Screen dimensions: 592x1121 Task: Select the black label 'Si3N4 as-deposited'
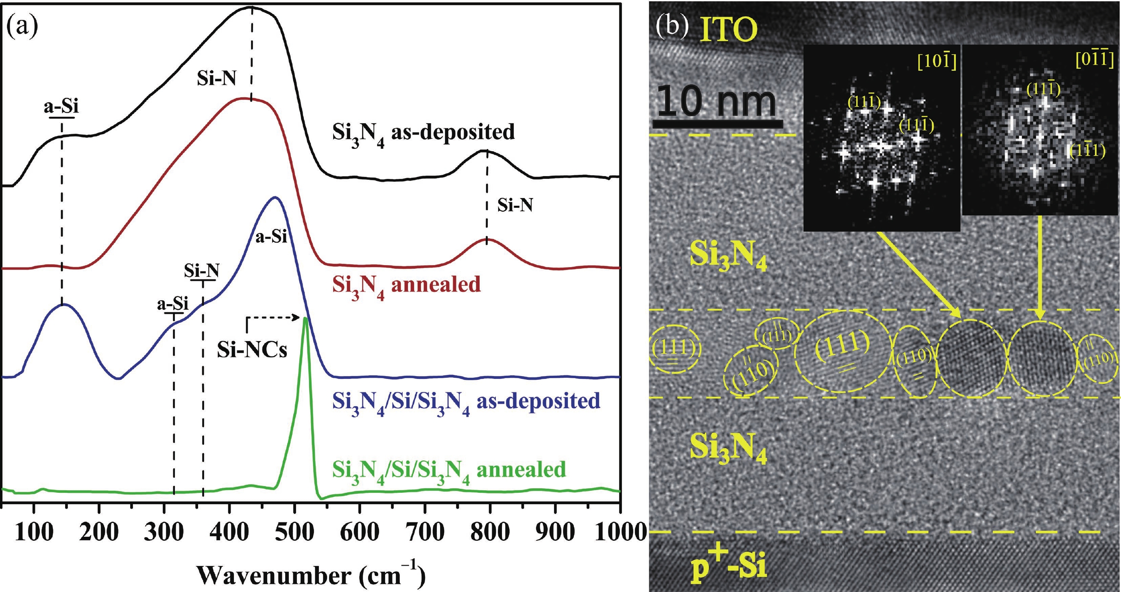[423, 133]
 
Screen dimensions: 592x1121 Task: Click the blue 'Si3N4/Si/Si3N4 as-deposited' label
[466, 401]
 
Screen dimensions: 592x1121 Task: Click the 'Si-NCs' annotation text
[253, 350]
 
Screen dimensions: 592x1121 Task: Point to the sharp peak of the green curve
[305, 319]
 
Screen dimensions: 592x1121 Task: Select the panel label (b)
[672, 26]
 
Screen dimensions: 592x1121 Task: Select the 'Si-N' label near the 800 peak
[515, 205]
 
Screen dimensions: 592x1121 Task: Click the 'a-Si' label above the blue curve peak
[270, 237]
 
